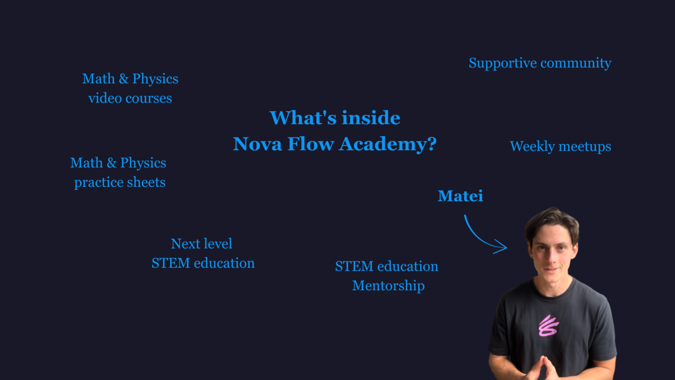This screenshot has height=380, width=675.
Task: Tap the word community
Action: point(576,64)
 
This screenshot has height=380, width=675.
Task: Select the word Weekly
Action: point(532,147)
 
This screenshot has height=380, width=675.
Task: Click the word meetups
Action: point(585,147)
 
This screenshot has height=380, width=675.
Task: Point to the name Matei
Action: point(460,196)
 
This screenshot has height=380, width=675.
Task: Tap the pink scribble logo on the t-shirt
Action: point(548,326)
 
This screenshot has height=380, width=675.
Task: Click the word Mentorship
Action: point(389,286)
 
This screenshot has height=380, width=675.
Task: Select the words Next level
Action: point(201,243)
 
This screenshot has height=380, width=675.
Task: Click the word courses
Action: point(149,99)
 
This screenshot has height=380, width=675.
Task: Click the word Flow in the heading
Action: point(310,144)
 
